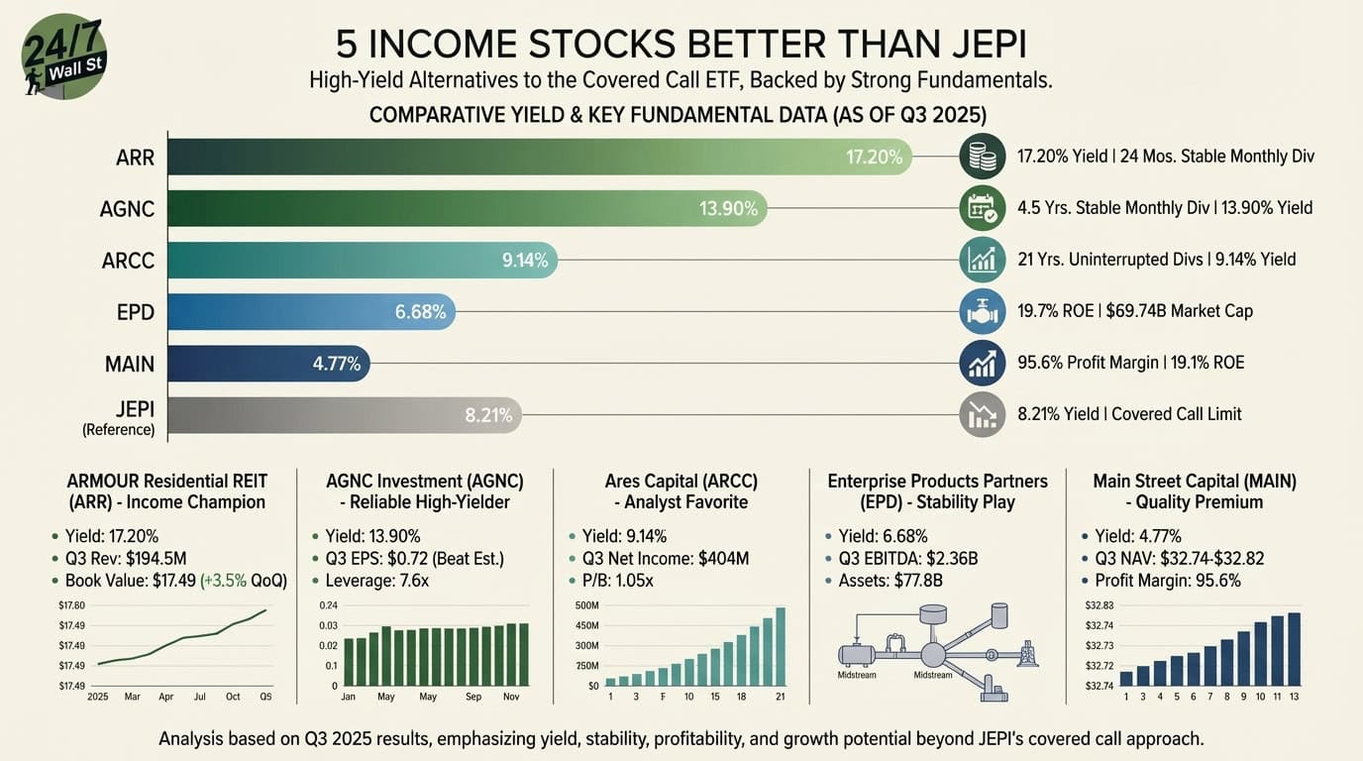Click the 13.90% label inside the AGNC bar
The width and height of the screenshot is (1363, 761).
(728, 208)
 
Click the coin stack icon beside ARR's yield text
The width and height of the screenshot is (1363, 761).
(983, 157)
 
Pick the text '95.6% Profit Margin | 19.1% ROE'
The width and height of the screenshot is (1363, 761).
(1130, 363)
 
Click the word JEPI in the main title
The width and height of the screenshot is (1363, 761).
(975, 44)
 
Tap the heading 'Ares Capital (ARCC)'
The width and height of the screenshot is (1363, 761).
(681, 481)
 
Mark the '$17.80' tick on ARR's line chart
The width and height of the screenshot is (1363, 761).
(73, 605)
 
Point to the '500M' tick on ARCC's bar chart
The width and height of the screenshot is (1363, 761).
(587, 605)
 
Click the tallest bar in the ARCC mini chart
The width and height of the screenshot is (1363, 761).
(780, 646)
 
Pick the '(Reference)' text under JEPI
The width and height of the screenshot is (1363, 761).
(118, 430)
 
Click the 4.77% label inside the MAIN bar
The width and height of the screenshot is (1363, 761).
(336, 364)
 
